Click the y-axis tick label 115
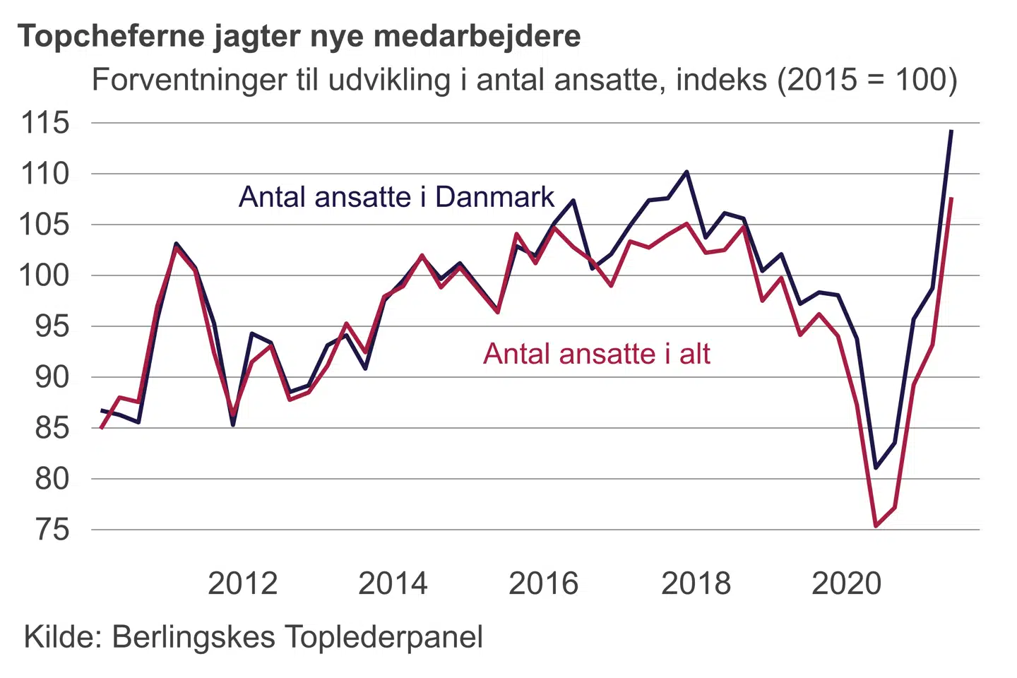[46, 123]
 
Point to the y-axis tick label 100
[46, 275]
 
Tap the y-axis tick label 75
[52, 530]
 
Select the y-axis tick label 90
[52, 377]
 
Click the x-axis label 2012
[242, 584]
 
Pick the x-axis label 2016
[543, 584]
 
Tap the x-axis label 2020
[846, 584]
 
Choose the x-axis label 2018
[696, 584]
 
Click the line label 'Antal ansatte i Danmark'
[396, 197]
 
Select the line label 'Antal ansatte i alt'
[597, 354]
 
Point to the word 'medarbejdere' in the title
[477, 35]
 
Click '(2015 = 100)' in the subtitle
[867, 80]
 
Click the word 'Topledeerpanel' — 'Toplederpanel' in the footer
[384, 637]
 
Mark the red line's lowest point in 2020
[876, 526]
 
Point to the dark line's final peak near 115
[951, 131]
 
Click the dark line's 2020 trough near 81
[876, 468]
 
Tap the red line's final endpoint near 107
[952, 198]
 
